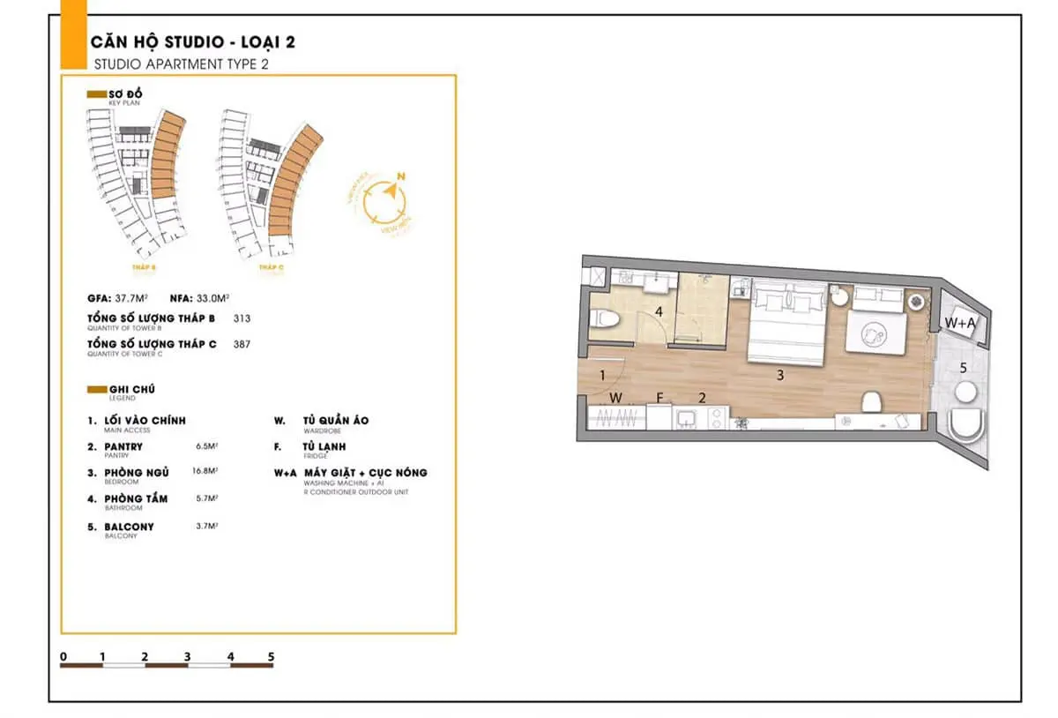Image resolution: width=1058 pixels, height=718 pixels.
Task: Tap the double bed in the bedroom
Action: (787, 323)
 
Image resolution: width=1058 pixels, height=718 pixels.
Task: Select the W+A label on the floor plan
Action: (960, 324)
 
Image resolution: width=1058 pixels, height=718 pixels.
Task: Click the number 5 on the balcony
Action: (964, 367)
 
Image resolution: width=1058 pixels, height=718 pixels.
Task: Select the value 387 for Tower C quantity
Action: (242, 345)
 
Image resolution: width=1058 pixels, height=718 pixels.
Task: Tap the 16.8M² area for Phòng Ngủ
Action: (205, 471)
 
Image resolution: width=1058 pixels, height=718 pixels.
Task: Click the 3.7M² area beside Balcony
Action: (205, 526)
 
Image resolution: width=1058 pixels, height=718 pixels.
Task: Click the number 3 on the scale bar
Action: (187, 656)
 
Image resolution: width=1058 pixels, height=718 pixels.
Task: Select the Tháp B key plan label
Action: (146, 266)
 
